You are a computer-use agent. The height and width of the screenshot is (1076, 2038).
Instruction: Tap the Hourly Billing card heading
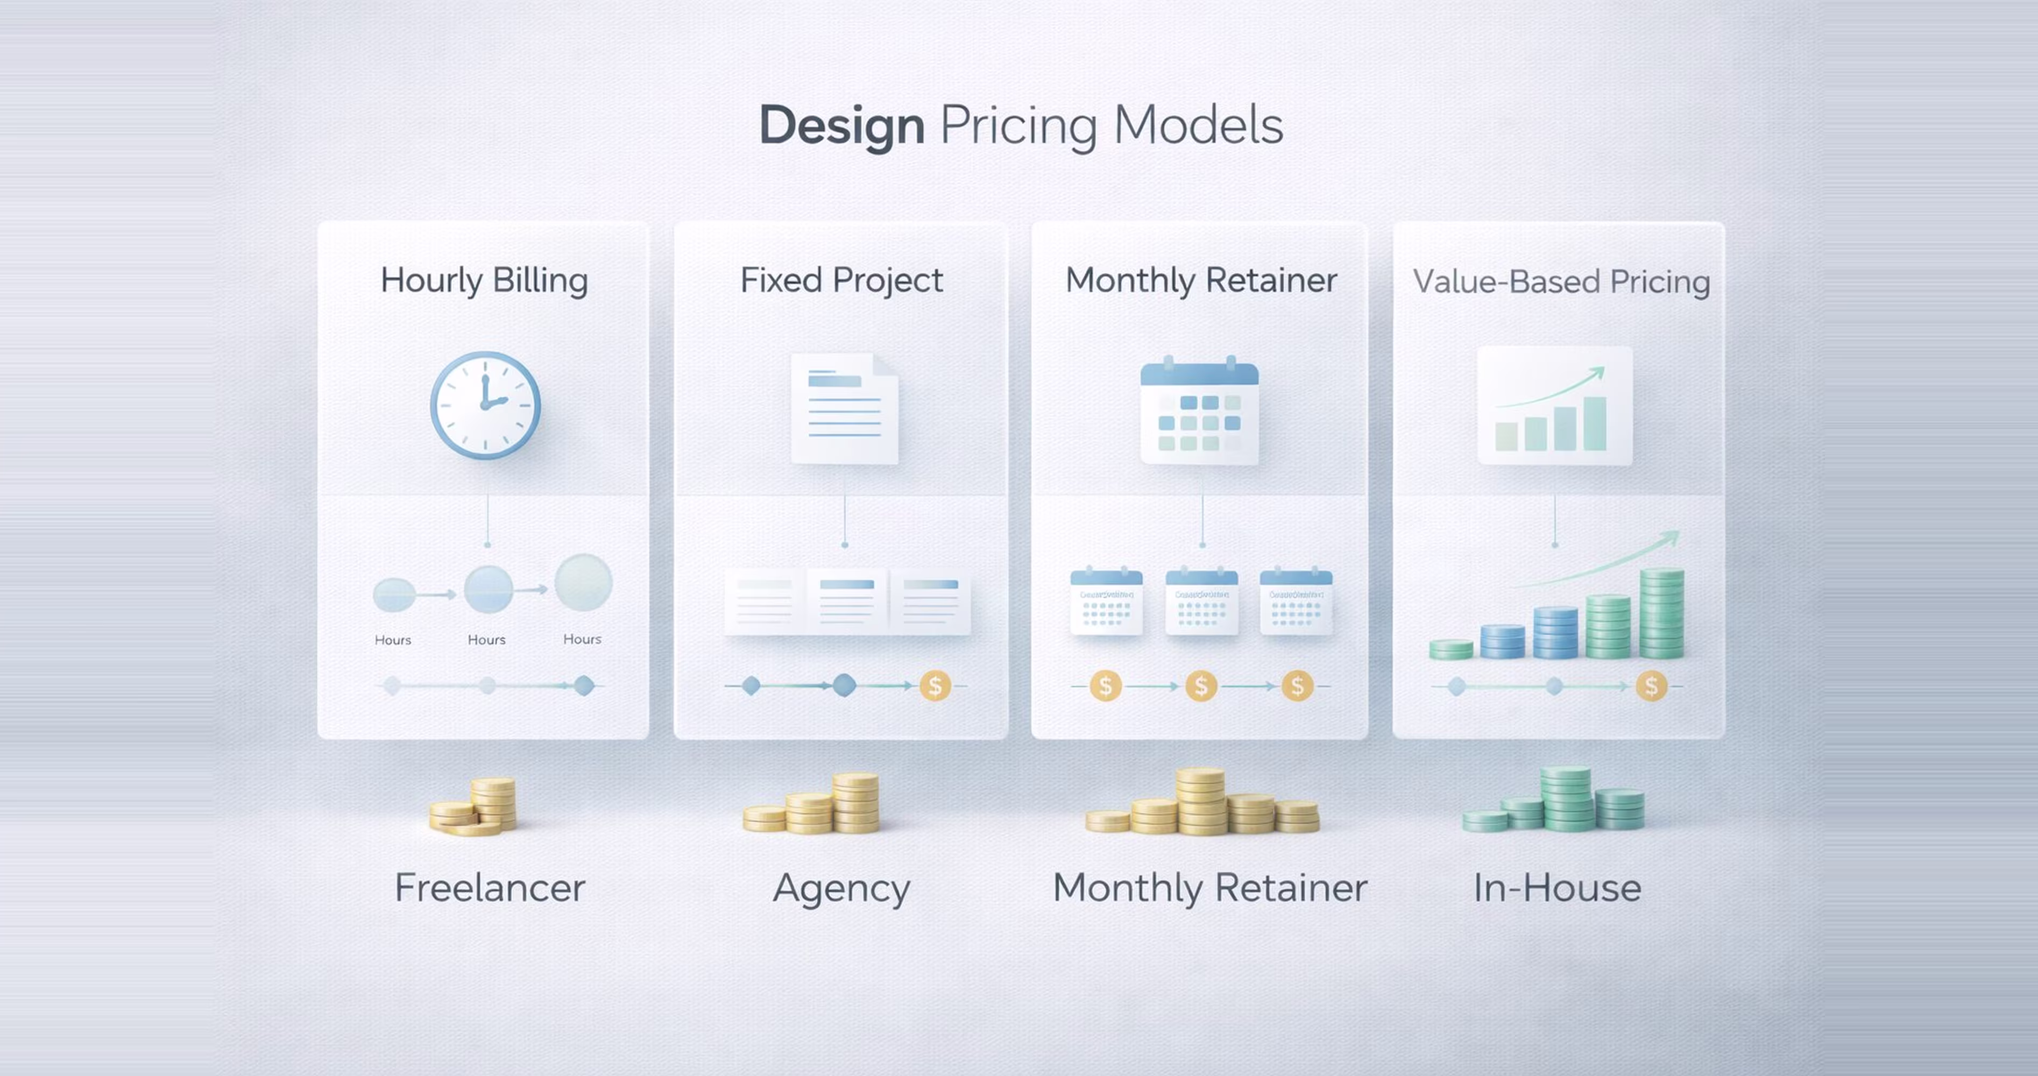pyautogui.click(x=484, y=280)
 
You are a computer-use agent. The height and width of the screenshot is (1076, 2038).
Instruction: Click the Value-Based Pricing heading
pyautogui.click(x=1561, y=282)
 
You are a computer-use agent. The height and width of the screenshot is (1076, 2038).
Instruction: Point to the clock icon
pyautogui.click(x=485, y=405)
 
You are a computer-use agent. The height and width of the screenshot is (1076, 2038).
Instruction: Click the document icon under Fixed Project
pyautogui.click(x=844, y=408)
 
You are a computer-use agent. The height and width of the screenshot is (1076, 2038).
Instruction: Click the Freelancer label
pyautogui.click(x=490, y=888)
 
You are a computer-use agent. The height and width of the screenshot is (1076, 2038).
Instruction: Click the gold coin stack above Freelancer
pyautogui.click(x=475, y=807)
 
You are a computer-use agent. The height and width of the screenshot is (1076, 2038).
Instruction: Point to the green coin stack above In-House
pyautogui.click(x=1555, y=801)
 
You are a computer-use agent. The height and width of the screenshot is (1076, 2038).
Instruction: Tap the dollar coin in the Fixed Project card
pyautogui.click(x=935, y=686)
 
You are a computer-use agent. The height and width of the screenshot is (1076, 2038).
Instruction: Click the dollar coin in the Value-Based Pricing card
pyautogui.click(x=1651, y=686)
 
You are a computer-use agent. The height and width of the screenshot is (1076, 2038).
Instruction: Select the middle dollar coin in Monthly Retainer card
pyautogui.click(x=1201, y=686)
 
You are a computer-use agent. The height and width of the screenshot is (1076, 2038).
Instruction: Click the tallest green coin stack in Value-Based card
pyautogui.click(x=1661, y=613)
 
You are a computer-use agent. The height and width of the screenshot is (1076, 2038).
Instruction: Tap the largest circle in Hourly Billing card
pyautogui.click(x=584, y=582)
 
